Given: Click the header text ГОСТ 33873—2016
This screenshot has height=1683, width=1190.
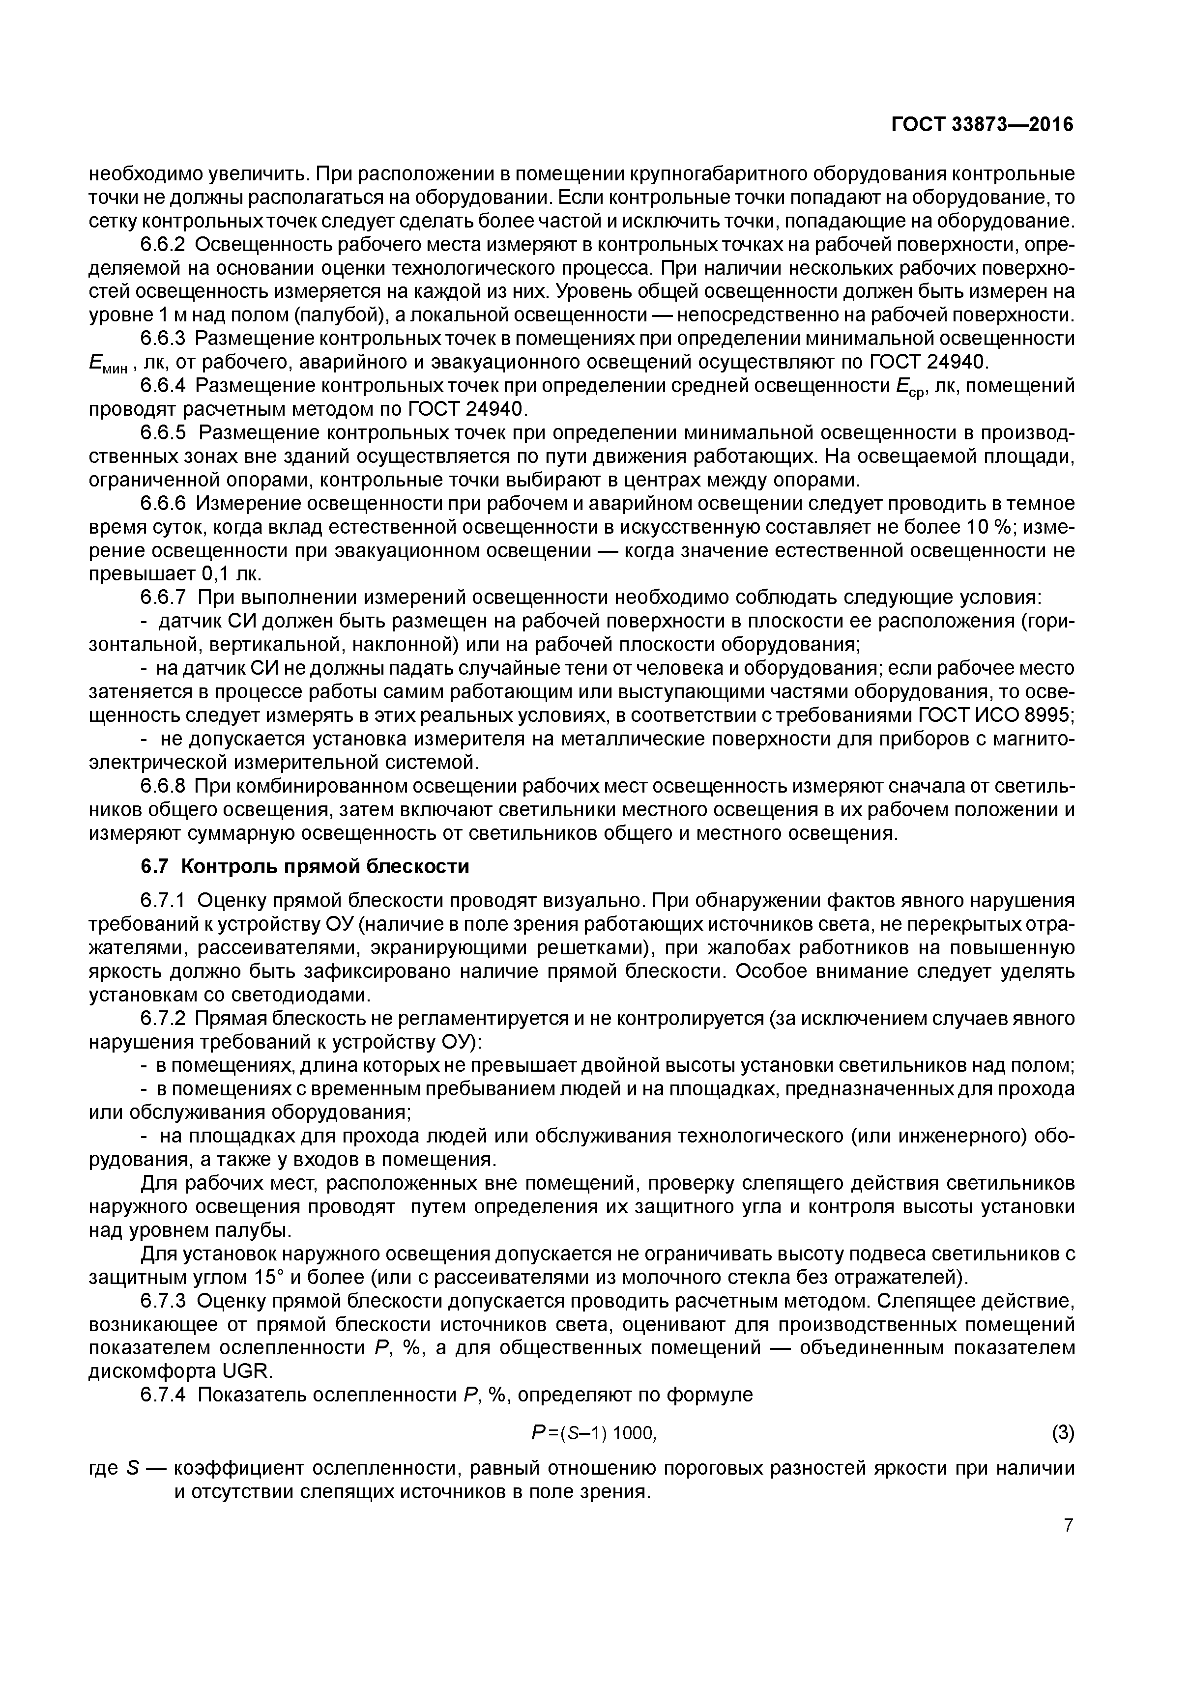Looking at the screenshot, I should point(982,125).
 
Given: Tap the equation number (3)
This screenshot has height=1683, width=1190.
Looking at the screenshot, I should point(1062,1432).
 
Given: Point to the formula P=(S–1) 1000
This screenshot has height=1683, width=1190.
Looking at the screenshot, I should point(593,1432).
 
